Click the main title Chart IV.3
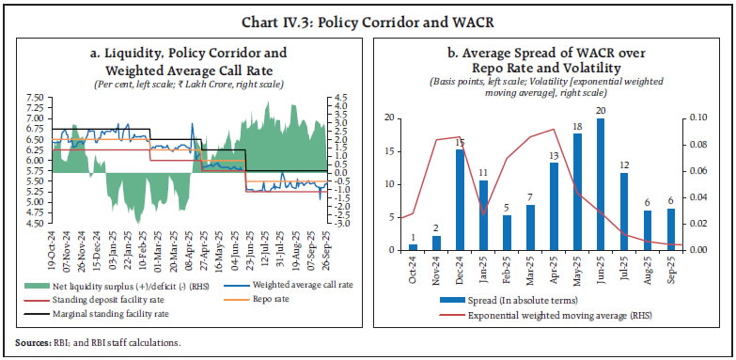[x=368, y=12]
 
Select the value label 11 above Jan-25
[x=483, y=173]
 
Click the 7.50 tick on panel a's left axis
[x=34, y=97]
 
